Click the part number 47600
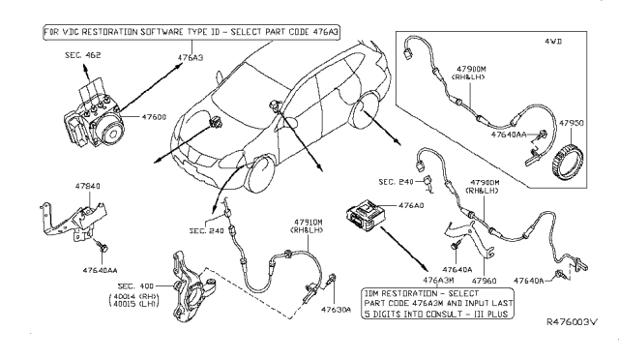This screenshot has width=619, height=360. click(x=156, y=116)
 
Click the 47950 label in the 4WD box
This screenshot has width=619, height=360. click(x=574, y=124)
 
